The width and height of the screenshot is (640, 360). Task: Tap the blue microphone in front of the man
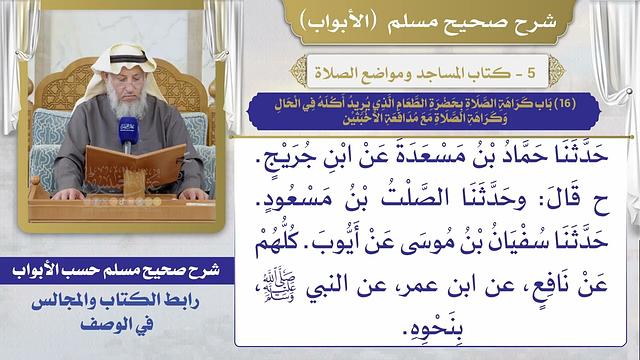click(127, 133)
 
